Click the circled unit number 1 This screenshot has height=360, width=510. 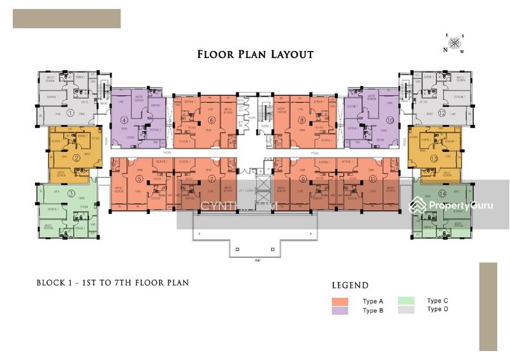tap(71, 113)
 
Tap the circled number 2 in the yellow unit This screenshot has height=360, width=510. tap(76, 158)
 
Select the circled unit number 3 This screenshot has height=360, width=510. tap(71, 194)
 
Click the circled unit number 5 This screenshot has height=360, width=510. tap(139, 179)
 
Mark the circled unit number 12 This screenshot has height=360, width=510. tap(441, 113)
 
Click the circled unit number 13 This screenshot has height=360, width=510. tap(434, 158)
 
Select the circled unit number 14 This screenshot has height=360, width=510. tap(442, 194)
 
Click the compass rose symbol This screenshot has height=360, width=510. tap(455, 43)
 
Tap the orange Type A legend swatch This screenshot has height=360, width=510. tap(340, 301)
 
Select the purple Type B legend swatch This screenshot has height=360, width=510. tap(340, 310)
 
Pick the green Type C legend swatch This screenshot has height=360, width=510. tap(406, 301)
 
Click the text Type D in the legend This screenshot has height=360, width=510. tap(437, 309)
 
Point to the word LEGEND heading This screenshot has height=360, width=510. tap(350, 285)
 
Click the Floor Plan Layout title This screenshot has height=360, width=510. tap(255, 54)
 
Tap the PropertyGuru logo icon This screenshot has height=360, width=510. tap(418, 205)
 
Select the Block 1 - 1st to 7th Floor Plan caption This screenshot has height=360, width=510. tap(112, 282)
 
